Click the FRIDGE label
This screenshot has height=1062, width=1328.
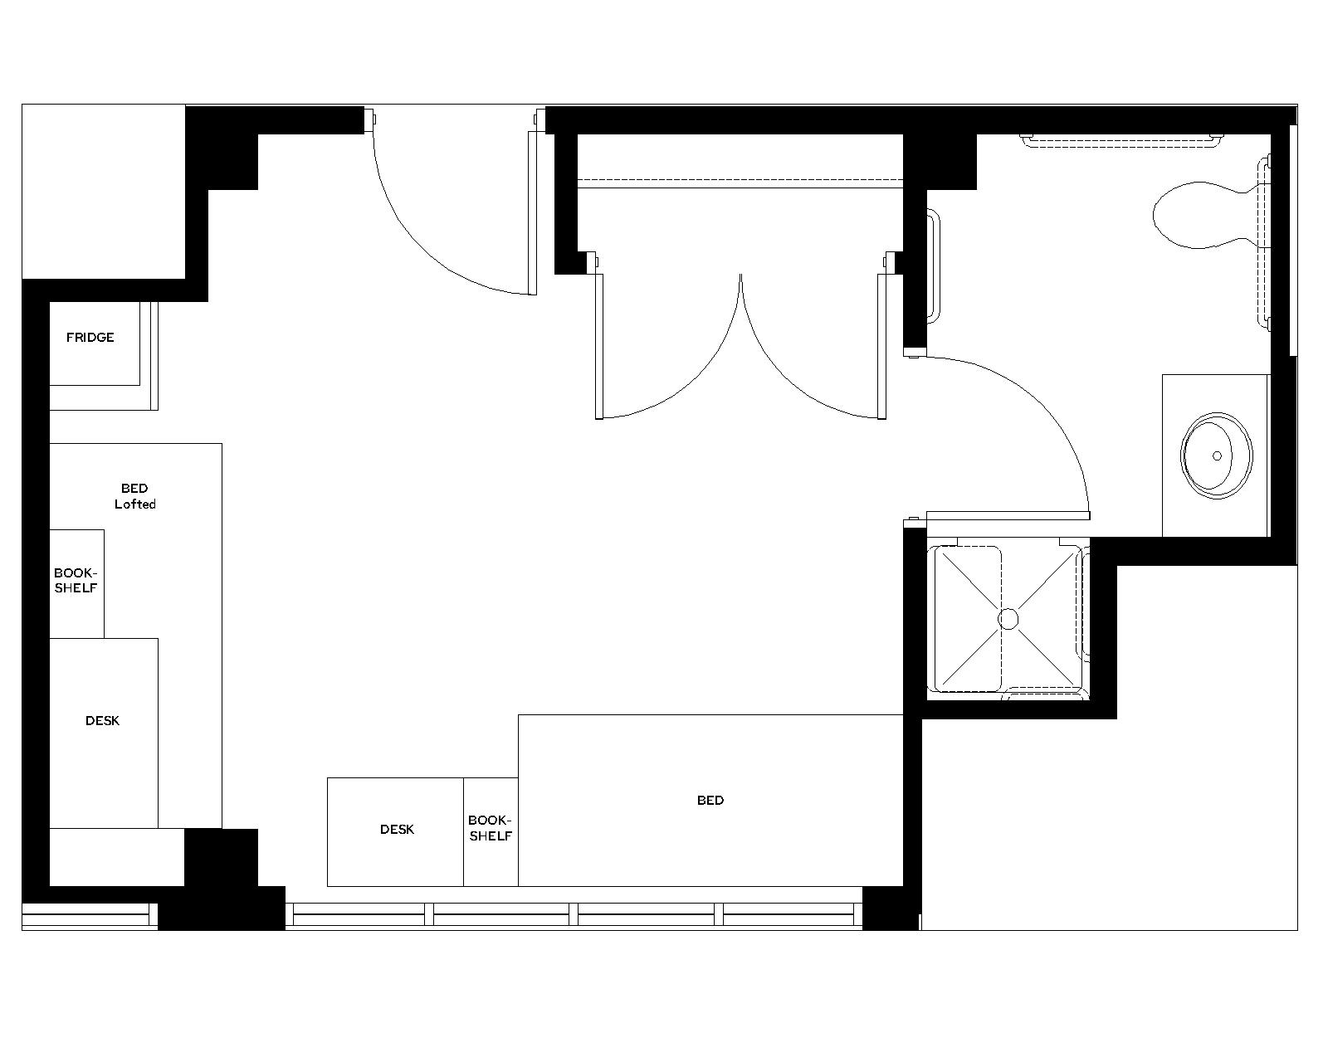click(x=90, y=338)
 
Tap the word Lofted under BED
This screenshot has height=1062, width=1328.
click(x=134, y=504)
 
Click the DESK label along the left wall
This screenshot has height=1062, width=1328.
click(x=102, y=721)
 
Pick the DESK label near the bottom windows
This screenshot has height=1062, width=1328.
click(x=397, y=830)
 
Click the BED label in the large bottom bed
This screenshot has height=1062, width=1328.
click(x=710, y=801)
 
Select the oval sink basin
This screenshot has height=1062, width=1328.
click(x=1217, y=455)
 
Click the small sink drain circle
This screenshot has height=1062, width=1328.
click(x=1218, y=455)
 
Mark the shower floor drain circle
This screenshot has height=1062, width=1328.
click(x=1008, y=619)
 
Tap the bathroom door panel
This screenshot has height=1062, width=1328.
click(x=1008, y=515)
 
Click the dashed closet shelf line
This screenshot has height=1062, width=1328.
click(x=739, y=179)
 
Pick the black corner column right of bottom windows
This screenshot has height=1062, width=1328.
click(x=890, y=909)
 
